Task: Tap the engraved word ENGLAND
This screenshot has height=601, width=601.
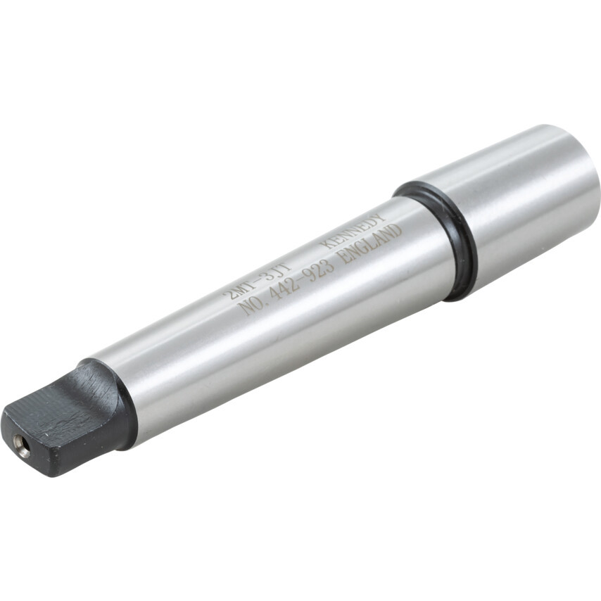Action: coord(371,243)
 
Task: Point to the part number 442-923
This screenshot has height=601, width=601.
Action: coord(301,281)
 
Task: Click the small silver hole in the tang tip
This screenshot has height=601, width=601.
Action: coord(23,445)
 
